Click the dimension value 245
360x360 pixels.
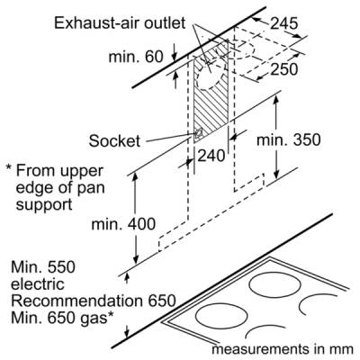[284, 23]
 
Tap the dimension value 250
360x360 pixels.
[284, 69]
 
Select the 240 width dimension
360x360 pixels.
[211, 156]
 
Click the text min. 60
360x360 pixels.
[136, 57]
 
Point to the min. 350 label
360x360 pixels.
[289, 139]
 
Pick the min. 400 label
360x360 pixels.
[123, 224]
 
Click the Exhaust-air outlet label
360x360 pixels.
[120, 23]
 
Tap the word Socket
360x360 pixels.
[114, 140]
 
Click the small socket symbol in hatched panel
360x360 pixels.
[198, 133]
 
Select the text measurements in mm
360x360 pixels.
[283, 349]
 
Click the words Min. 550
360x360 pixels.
[43, 267]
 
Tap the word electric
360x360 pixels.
[38, 284]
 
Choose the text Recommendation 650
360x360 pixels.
[93, 301]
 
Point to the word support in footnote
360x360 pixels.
[44, 205]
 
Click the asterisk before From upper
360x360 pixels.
[9, 168]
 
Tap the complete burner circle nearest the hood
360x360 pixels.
[275, 286]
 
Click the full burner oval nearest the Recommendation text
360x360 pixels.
[221, 316]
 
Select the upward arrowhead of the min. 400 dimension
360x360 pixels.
[135, 177]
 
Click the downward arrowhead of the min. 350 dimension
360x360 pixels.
[276, 175]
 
